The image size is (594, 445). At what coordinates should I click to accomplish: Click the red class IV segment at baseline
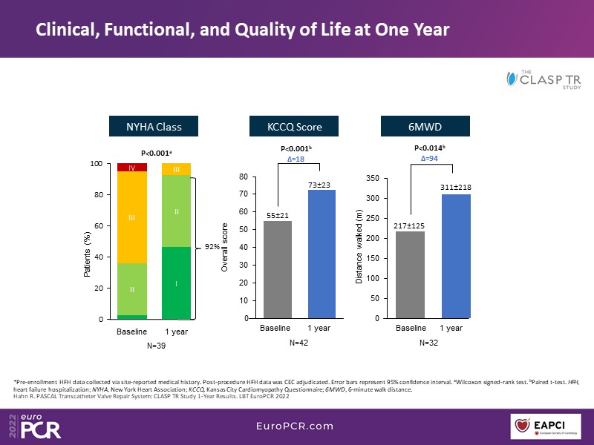pyautogui.click(x=131, y=168)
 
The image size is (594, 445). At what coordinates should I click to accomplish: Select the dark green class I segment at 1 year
pyautogui.click(x=176, y=283)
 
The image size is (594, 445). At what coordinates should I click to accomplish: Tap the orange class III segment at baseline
pyautogui.click(x=131, y=217)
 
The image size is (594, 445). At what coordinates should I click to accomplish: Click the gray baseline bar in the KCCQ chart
pyautogui.click(x=278, y=269)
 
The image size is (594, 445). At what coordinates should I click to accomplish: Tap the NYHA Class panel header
pyautogui.click(x=154, y=127)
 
